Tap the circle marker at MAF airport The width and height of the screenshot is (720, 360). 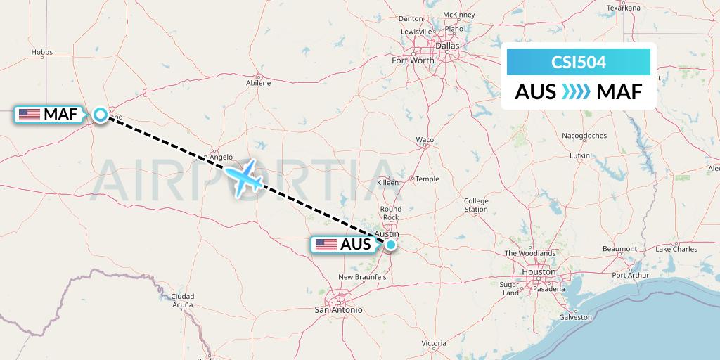click(101, 115)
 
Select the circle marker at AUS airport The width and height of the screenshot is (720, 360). click(391, 245)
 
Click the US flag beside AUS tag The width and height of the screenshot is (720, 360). click(326, 245)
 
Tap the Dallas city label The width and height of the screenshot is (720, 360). click(446, 46)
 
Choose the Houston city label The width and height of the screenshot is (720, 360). click(539, 271)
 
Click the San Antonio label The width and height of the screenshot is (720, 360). click(338, 309)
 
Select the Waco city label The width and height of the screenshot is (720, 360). click(425, 140)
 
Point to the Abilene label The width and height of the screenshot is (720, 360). click(258, 83)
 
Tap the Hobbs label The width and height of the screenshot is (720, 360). click(42, 52)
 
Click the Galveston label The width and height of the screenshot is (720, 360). click(576, 317)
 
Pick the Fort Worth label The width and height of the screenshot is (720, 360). click(413, 60)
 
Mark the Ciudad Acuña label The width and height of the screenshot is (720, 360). click(183, 300)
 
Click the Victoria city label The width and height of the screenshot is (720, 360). click(434, 344)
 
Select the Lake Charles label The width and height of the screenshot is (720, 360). click(676, 249)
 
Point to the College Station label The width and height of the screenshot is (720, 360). click(476, 205)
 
